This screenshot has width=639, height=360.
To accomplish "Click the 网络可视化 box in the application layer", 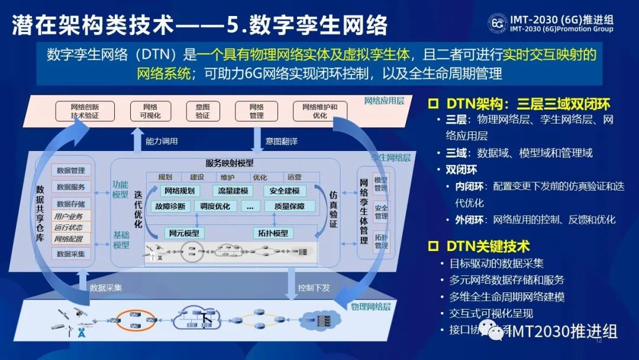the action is tap(150, 111).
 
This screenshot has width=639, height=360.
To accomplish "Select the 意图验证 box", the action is tap(202, 111).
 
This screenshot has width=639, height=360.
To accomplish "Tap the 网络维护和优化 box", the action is tap(320, 111).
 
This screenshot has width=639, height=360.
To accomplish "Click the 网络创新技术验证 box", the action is tap(85, 111).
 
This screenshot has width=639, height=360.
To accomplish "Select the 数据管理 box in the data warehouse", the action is tap(71, 171).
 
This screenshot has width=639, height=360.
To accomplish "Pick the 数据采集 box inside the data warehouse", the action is tap(71, 254).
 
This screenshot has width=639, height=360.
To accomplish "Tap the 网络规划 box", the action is tap(180, 191).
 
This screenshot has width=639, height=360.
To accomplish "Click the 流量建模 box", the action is tap(233, 191).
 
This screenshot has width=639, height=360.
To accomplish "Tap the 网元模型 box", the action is tap(184, 233).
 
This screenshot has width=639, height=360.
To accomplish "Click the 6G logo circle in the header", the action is tap(497, 22).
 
